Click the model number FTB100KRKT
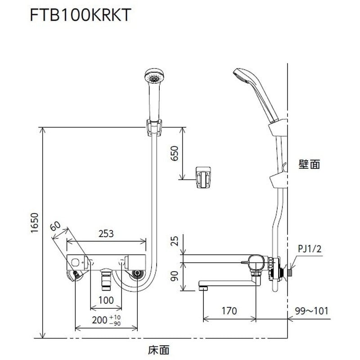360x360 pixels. click(x=80, y=15)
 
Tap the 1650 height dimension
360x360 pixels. click(x=35, y=230)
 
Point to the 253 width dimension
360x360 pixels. click(x=107, y=234)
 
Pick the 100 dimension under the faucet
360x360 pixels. click(x=106, y=300)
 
